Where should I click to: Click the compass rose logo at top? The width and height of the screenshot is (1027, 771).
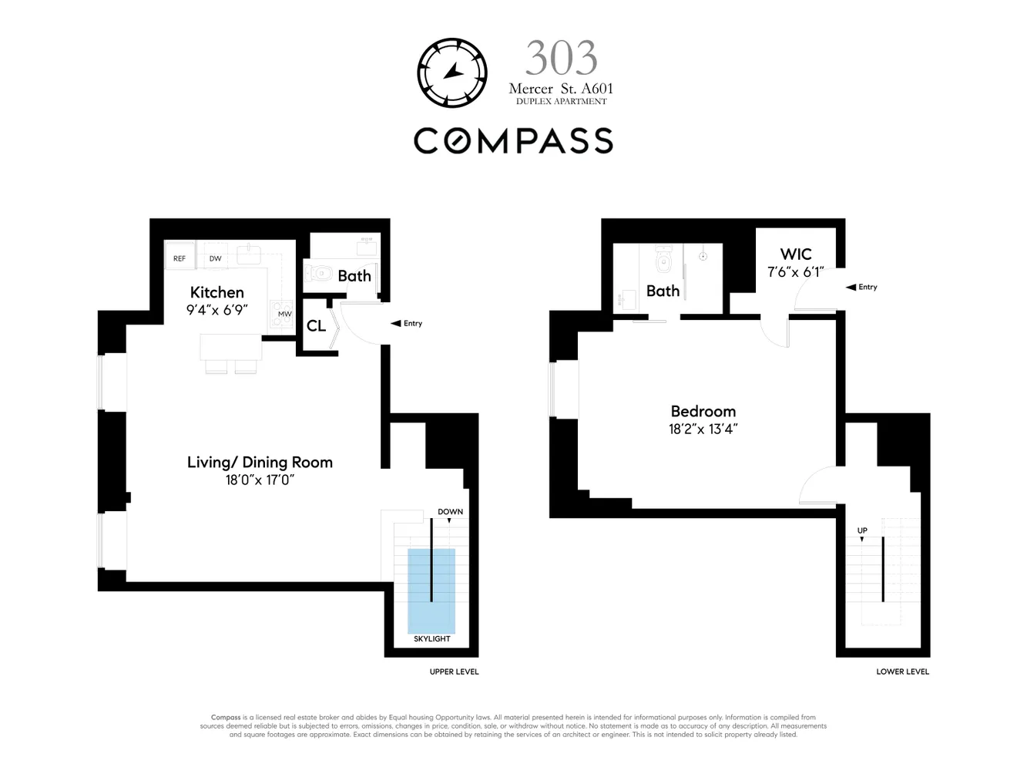pos(452,72)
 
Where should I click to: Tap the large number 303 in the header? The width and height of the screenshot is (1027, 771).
pos(561,59)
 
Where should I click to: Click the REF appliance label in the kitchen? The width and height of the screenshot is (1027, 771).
pos(180,258)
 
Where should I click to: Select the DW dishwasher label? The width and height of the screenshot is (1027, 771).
pos(216,258)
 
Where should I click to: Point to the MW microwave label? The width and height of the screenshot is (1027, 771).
pos(284,314)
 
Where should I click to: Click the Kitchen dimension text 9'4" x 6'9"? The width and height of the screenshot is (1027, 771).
pos(217,310)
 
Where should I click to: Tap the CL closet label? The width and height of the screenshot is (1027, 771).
pos(316,326)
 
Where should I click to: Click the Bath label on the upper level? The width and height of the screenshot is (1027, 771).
pos(354,276)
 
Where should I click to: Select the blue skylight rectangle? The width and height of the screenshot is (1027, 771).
pos(431,590)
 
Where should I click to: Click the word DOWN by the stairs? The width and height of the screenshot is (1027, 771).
pos(450,512)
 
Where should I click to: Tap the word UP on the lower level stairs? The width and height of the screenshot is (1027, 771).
pos(862,530)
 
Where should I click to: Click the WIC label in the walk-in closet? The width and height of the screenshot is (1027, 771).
pos(796,254)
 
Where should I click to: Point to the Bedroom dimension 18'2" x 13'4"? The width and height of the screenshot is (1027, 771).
pos(703,429)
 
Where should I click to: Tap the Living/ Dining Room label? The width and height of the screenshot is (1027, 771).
pos(260,462)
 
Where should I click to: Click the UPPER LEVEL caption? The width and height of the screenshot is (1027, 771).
pos(454,672)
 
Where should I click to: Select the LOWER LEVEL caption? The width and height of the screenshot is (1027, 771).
pos(902,672)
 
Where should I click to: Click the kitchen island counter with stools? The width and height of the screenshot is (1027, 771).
pos(230,347)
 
